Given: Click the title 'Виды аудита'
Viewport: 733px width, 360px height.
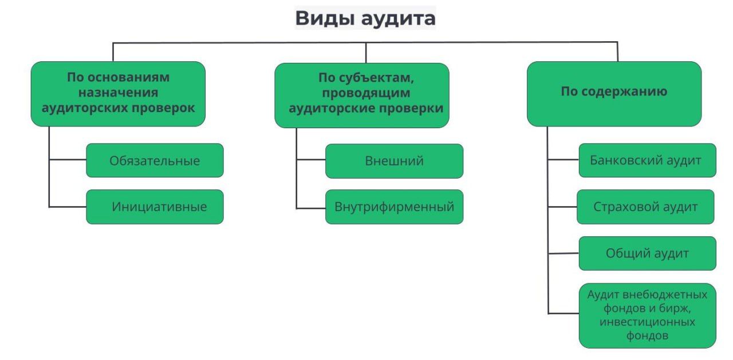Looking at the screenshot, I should [x=365, y=18].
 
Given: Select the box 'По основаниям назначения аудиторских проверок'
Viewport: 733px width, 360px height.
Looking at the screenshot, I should [x=118, y=93].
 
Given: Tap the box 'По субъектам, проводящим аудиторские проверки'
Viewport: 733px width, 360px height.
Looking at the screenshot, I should [x=362, y=94].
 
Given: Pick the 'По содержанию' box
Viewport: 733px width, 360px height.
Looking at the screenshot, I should [x=614, y=93].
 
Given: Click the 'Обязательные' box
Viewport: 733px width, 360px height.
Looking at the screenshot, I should [x=155, y=160].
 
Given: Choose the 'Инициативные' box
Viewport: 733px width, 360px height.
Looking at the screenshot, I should [x=155, y=207].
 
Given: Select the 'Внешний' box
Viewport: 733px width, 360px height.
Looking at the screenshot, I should [x=394, y=161].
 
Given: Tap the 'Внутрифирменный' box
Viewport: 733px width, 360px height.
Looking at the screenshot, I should [x=394, y=207].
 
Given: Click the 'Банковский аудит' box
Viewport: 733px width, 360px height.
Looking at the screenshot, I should [x=647, y=160].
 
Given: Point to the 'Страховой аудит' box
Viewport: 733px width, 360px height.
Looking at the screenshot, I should [x=645, y=207].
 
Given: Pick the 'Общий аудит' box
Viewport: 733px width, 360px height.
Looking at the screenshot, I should [x=647, y=253].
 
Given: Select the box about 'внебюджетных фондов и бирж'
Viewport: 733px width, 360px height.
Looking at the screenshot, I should [x=647, y=315].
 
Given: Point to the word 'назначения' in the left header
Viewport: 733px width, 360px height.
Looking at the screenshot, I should [x=119, y=92].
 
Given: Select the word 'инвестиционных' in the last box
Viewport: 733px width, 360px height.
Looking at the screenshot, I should [x=647, y=322].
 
